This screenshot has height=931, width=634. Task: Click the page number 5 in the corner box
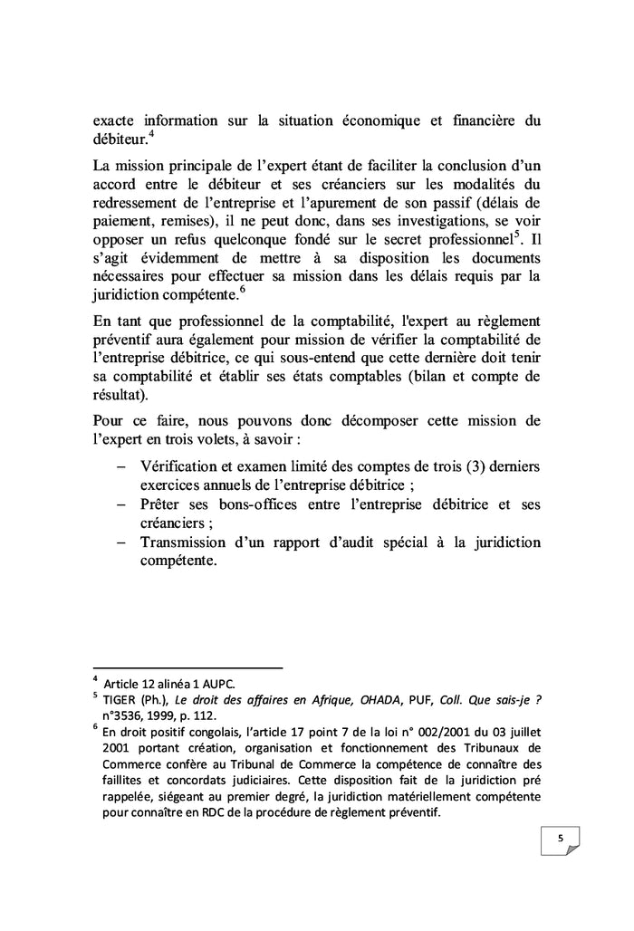coord(560,839)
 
